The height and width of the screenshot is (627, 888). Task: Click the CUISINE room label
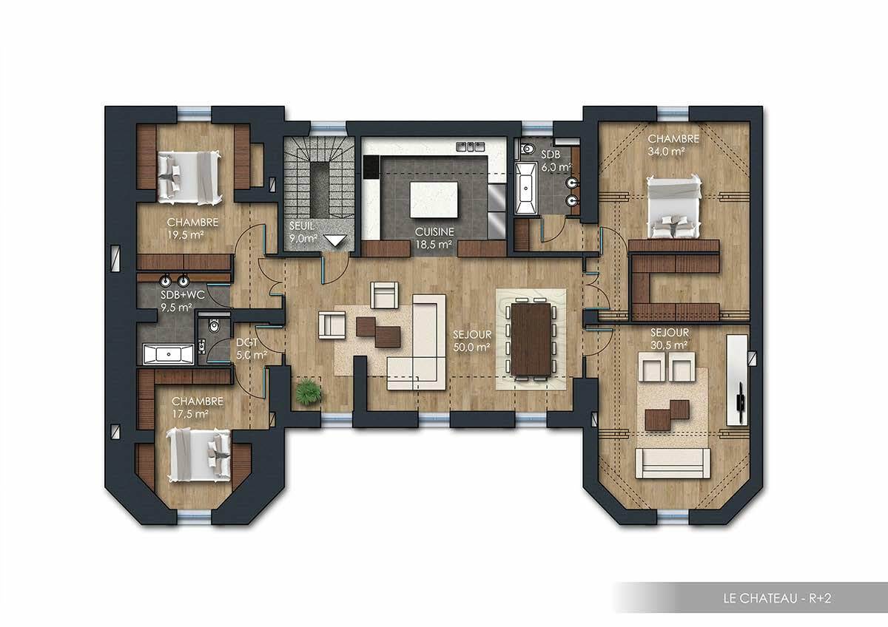[434, 231]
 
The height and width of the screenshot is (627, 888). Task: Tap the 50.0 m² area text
[472, 346]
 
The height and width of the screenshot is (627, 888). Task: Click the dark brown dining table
[530, 339]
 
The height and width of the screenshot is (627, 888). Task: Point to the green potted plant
[308, 392]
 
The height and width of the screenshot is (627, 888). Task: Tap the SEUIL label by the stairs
[302, 226]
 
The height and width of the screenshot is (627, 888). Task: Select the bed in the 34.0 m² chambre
[673, 206]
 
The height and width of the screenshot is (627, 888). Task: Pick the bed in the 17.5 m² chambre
[199, 453]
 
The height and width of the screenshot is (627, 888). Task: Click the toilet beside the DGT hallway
[214, 326]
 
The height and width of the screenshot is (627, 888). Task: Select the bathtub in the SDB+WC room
[169, 354]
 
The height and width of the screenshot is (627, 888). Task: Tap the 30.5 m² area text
[669, 345]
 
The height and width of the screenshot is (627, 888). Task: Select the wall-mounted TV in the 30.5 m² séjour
[741, 400]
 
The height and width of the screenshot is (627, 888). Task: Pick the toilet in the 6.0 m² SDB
[528, 149]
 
